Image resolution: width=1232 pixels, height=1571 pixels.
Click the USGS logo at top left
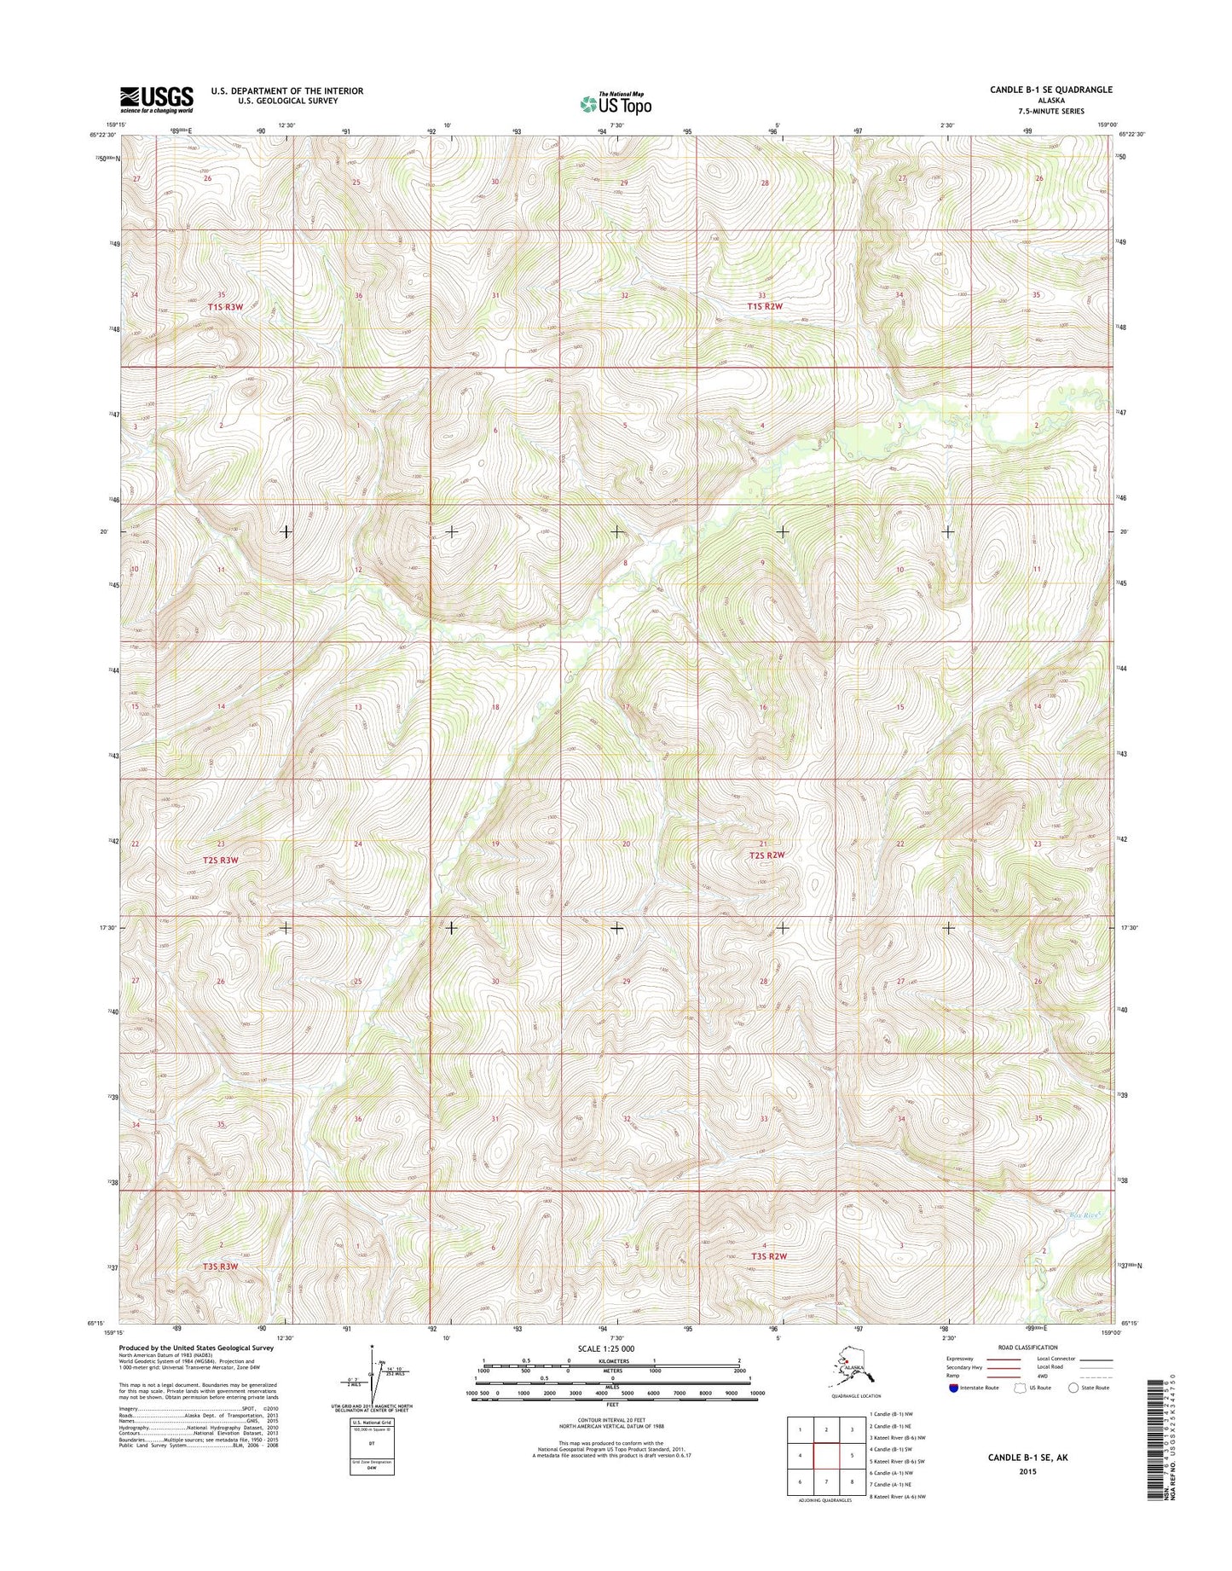point(156,98)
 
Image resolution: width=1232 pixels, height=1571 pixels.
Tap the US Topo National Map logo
point(616,103)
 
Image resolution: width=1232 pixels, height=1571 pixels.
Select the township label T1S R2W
point(765,306)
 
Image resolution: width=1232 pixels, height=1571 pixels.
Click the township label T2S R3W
point(221,861)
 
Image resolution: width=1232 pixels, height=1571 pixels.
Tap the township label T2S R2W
point(766,855)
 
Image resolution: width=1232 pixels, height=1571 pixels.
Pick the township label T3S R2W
point(768,1256)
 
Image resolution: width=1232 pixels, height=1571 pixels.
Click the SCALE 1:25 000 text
point(605,1348)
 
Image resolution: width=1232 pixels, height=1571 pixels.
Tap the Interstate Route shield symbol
point(952,1388)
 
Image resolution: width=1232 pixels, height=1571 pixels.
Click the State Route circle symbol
point(1073,1388)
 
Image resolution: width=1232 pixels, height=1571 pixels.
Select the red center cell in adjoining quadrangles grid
point(825,1457)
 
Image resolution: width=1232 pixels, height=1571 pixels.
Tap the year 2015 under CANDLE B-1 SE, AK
point(1027,1471)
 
